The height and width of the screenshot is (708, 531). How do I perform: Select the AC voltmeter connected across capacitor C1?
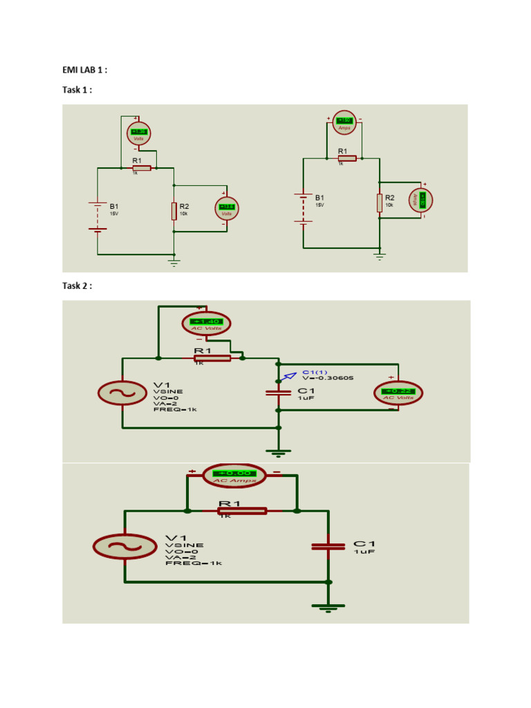398,393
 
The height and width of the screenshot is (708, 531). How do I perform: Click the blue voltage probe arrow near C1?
280,378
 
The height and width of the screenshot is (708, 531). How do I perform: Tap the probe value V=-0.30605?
328,378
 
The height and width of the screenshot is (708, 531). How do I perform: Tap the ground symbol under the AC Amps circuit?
329,607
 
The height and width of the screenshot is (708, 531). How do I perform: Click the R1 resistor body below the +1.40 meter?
213,357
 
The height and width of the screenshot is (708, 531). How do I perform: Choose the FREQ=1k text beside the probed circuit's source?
175,409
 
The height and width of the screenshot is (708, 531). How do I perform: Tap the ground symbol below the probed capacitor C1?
279,452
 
